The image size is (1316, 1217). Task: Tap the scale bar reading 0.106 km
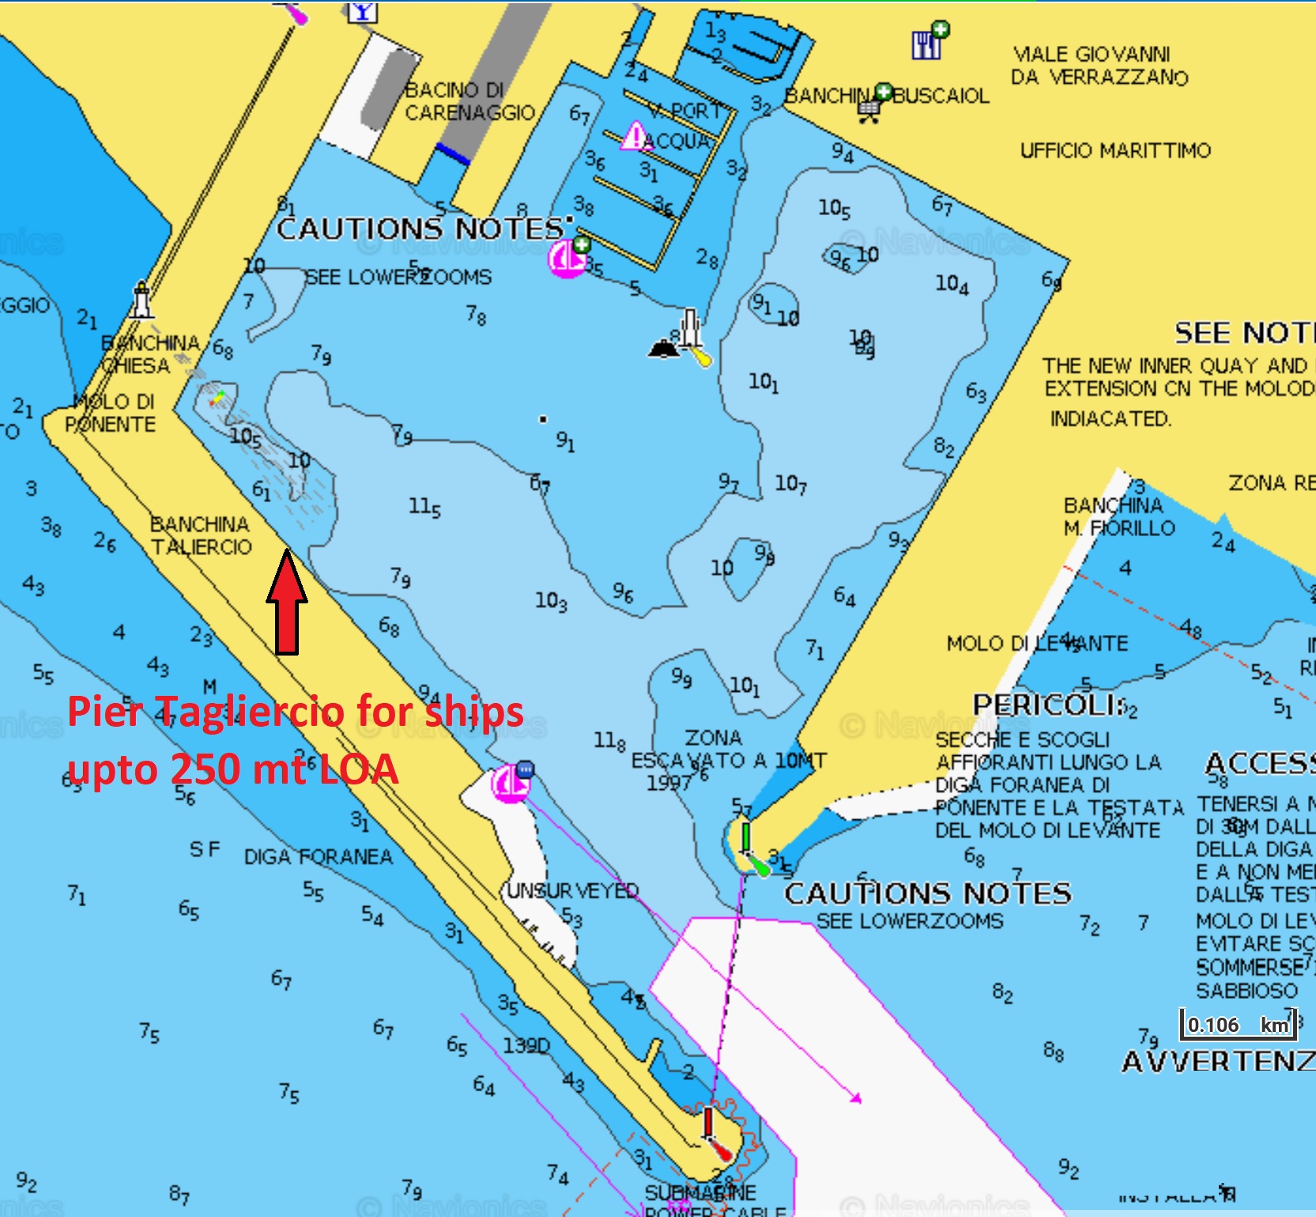(x=1237, y=1025)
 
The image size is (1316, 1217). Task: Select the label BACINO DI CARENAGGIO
(x=469, y=102)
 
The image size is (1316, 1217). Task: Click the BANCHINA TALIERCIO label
(x=201, y=536)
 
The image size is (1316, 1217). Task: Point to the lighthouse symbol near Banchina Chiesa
(x=141, y=300)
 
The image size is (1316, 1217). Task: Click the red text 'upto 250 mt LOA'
(x=232, y=769)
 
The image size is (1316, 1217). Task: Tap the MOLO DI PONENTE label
(x=110, y=413)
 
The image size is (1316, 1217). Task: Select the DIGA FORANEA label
(x=318, y=857)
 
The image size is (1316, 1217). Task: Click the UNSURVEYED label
(x=572, y=891)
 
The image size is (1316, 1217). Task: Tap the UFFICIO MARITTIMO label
(x=1114, y=150)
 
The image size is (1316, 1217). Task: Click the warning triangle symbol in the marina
(x=634, y=136)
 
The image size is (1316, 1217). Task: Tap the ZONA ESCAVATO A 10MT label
(x=715, y=760)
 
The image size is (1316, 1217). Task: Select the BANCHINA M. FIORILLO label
(x=1118, y=516)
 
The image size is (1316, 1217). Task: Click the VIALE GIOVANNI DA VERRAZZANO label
(x=1099, y=66)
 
